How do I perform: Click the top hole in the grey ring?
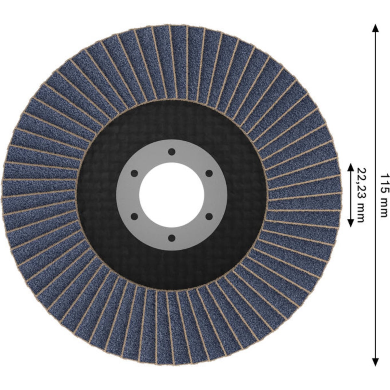(x=172, y=152)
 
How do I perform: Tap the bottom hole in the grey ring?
(x=172, y=238)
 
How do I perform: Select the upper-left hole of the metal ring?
(x=134, y=174)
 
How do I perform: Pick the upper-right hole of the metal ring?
(x=209, y=174)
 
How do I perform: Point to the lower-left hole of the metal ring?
(x=134, y=216)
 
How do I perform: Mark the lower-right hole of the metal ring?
(x=209, y=216)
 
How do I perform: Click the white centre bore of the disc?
(x=172, y=195)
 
